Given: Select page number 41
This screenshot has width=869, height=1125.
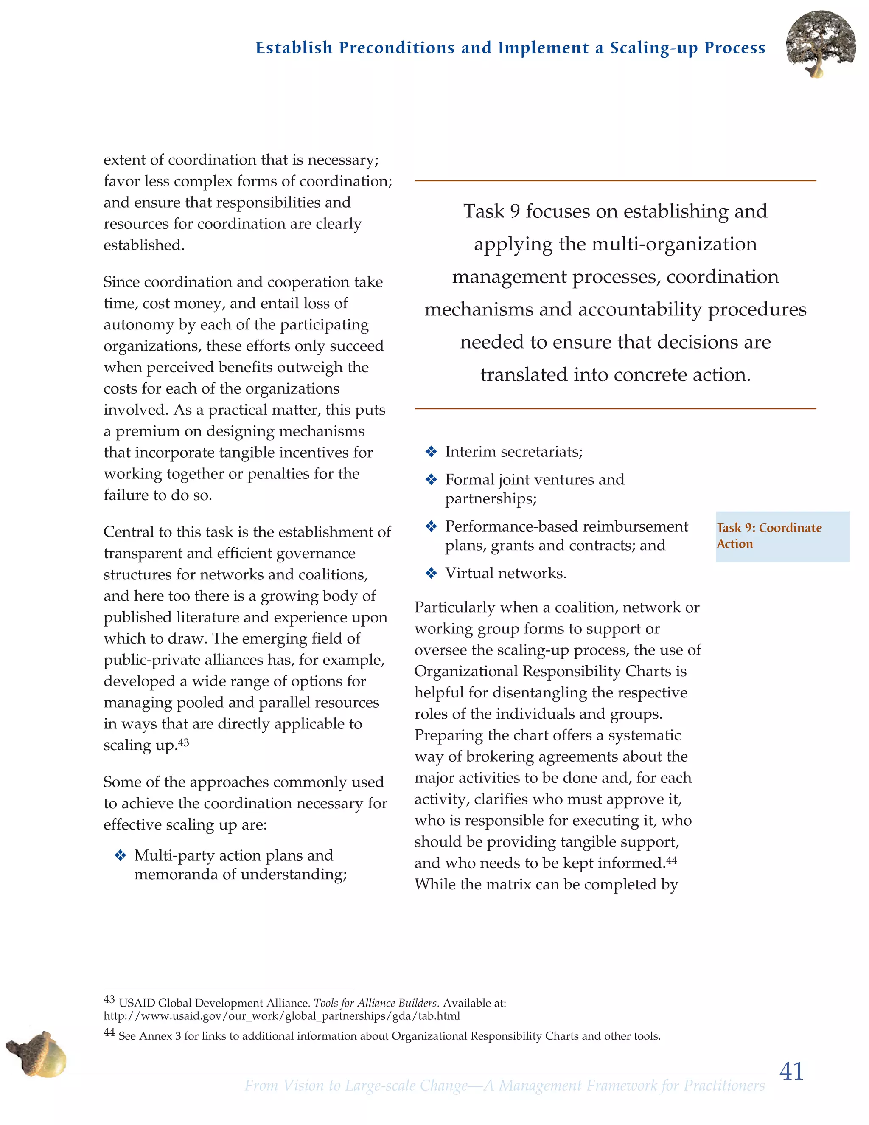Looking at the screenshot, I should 791,1072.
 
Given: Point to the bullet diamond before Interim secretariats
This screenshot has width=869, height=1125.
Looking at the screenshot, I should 431,452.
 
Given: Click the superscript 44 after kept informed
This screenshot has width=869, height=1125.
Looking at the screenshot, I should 672,861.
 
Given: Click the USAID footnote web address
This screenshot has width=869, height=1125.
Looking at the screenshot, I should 282,1016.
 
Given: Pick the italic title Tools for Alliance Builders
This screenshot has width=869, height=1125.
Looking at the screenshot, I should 375,1003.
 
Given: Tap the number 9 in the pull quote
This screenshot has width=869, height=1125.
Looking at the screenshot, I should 514,211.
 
